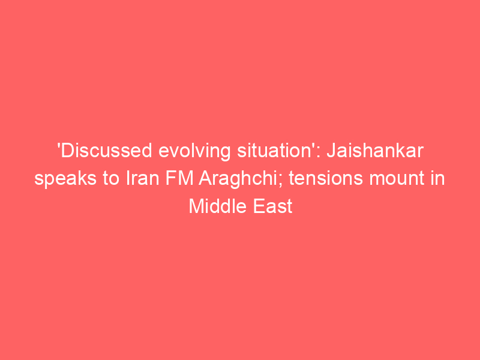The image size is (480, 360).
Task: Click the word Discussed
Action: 107,151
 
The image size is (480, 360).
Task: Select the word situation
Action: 274,151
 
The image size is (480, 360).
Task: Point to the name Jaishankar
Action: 375,151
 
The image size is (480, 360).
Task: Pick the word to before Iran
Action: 112,179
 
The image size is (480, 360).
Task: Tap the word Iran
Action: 143,178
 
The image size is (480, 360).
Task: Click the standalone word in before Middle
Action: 437,178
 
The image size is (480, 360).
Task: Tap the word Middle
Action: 218,206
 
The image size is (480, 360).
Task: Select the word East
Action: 273,206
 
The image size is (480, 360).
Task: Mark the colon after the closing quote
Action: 319,153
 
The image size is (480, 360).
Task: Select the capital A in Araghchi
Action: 205,178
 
